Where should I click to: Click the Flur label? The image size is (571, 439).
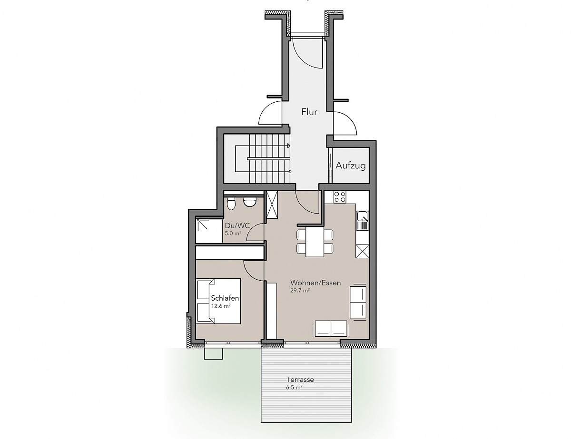pos(309,112)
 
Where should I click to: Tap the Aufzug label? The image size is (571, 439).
pos(351,166)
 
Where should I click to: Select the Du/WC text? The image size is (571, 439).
pos(237,225)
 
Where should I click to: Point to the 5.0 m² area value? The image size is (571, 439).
pos(233,233)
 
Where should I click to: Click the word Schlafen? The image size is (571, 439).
pos(225,298)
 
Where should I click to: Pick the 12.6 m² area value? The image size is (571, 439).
pos(221,306)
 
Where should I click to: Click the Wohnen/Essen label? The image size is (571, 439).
pos(315,283)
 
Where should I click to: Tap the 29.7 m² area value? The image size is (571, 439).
pos(300,291)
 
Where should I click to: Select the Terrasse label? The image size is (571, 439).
pos(300,380)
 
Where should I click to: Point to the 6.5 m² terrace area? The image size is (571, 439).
pos(294,387)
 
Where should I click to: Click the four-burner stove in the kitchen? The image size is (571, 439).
pos(340,197)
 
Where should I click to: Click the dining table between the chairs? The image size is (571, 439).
pos(315,242)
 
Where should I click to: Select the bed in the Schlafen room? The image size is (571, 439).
pos(218,301)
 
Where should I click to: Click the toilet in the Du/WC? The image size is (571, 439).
pos(231,203)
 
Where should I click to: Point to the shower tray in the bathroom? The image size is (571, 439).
pos(209,231)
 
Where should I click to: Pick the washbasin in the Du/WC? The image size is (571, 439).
pos(249,202)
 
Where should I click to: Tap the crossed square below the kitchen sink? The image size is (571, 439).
pos(362,251)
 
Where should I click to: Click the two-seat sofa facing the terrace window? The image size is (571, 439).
pos(331,328)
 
